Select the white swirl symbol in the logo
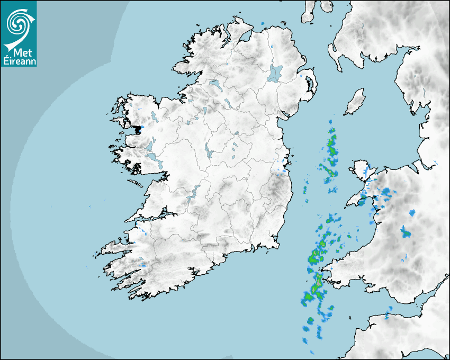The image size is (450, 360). click(x=17, y=24)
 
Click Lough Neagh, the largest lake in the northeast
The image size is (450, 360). click(x=275, y=73)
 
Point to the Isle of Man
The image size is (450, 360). click(x=355, y=102)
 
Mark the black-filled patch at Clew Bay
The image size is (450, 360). click(x=137, y=128)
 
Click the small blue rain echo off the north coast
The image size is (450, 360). click(x=263, y=24)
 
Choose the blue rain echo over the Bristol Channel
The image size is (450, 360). click(x=386, y=316)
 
